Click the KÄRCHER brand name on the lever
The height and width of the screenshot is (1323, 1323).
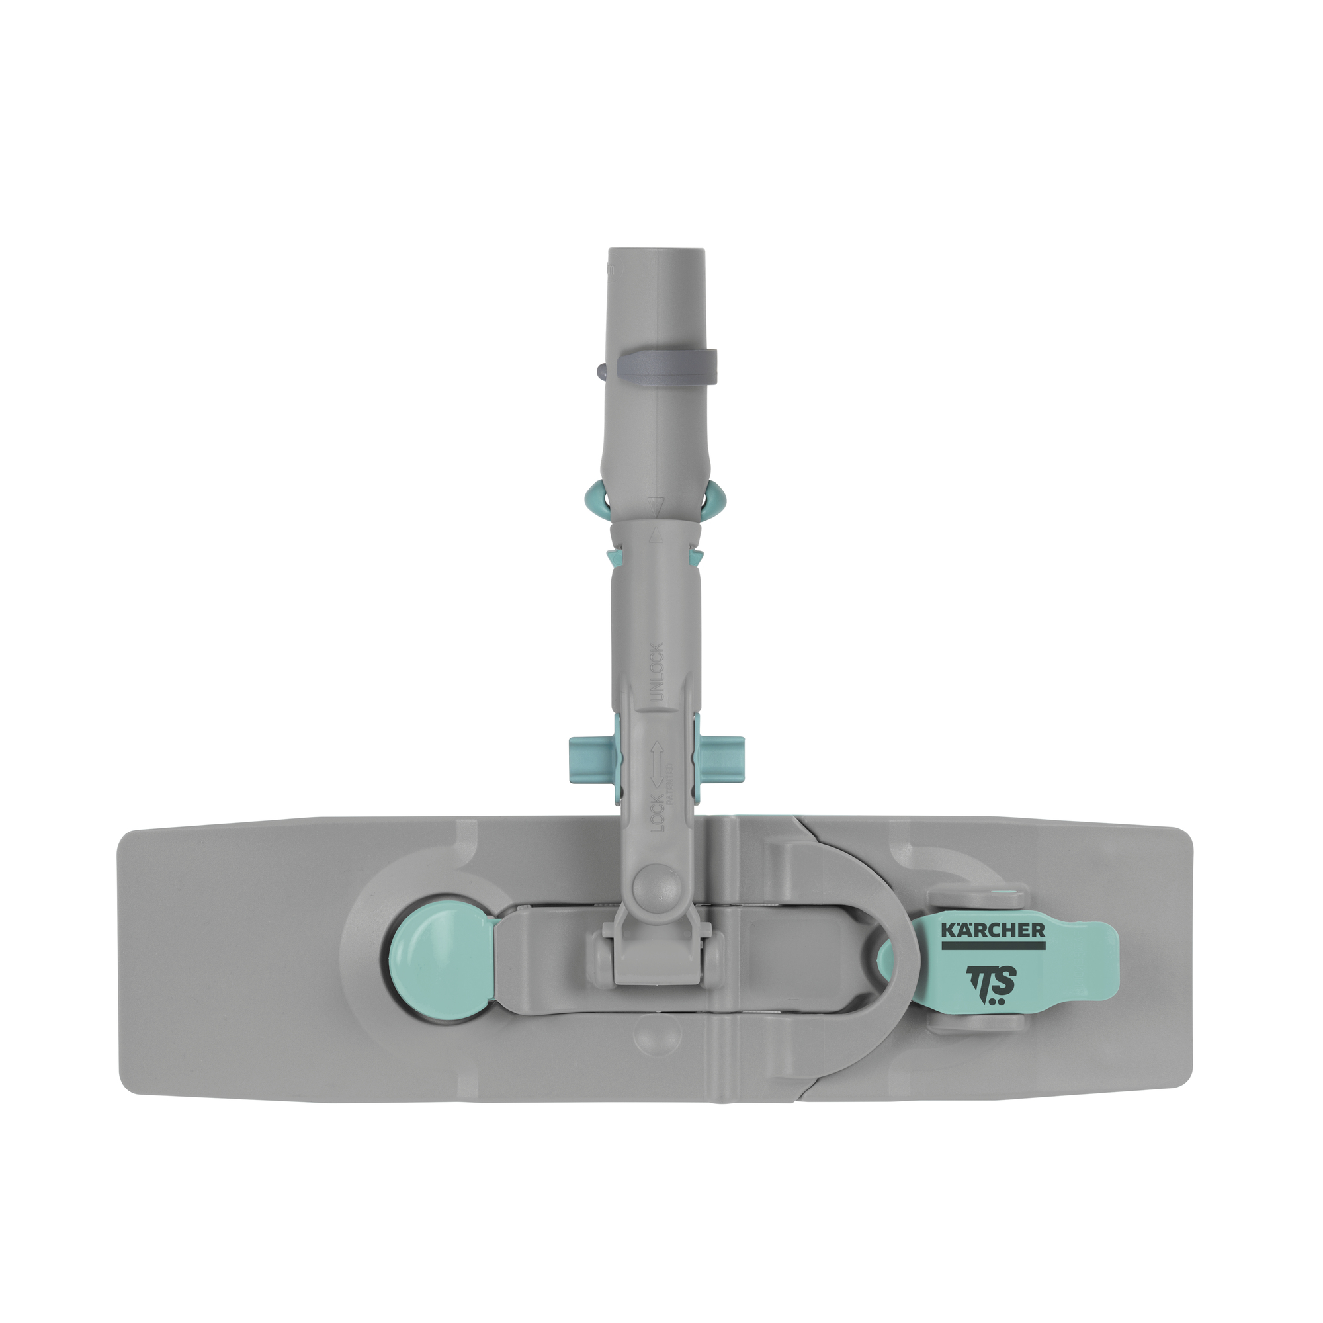[x=993, y=930]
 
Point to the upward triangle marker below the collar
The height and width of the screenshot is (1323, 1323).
[x=656, y=536]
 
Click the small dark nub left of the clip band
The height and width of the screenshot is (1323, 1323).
[x=602, y=371]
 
